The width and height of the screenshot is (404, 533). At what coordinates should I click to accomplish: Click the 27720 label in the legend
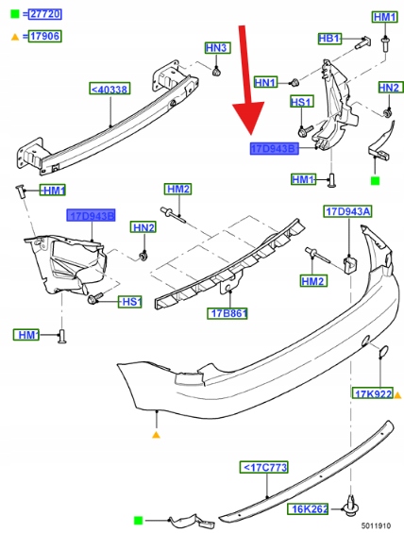[x=45, y=14]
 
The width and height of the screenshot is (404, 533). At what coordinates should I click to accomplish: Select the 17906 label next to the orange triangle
[x=45, y=37]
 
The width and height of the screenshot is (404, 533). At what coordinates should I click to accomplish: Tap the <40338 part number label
[x=109, y=89]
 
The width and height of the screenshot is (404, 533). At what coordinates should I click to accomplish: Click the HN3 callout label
[x=217, y=48]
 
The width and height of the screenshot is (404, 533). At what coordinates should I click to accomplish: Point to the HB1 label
[x=329, y=39]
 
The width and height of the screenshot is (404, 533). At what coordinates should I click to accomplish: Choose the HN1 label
[x=266, y=82]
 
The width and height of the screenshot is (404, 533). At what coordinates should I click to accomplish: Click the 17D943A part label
[x=347, y=211]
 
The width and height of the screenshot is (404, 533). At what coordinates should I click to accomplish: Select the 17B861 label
[x=227, y=313]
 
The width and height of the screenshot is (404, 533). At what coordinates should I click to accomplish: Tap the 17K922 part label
[x=372, y=393]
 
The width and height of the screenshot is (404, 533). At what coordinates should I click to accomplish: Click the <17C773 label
[x=264, y=467]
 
